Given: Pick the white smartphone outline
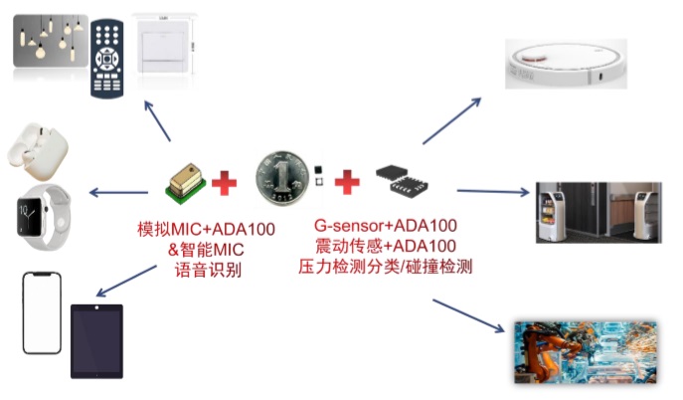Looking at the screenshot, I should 42,312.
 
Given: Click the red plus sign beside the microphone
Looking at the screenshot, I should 226,182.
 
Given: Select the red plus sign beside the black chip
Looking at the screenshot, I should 347,182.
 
